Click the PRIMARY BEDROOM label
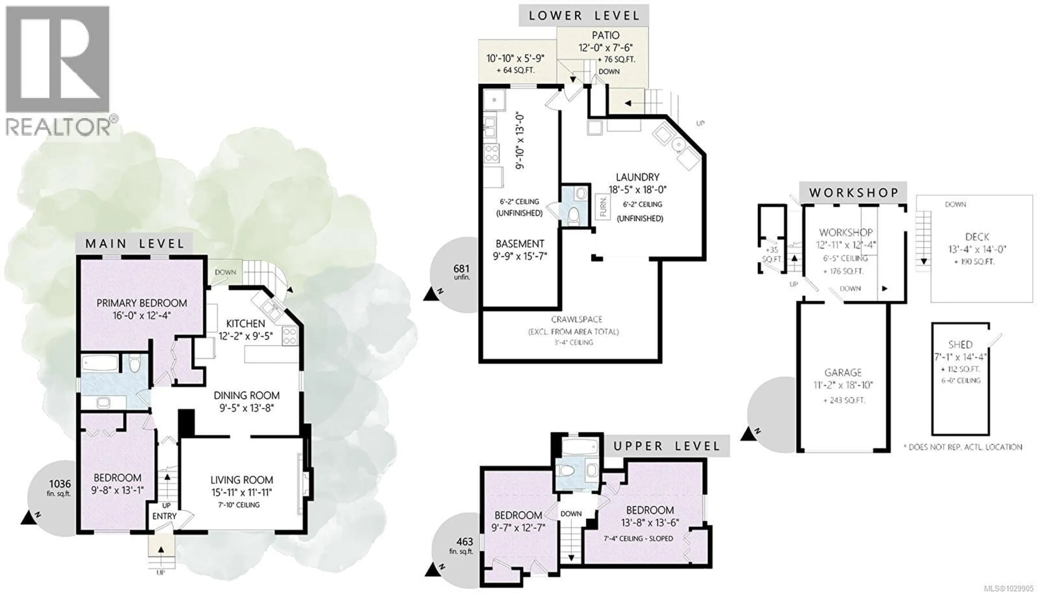pos(142,303)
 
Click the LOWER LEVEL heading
pos(584,16)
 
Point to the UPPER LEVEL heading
pos(667,446)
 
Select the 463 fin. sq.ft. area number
pos(464,542)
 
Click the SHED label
pos(960,345)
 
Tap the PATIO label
pos(606,35)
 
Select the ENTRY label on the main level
pos(164,516)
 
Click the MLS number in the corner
pos(1008,588)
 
